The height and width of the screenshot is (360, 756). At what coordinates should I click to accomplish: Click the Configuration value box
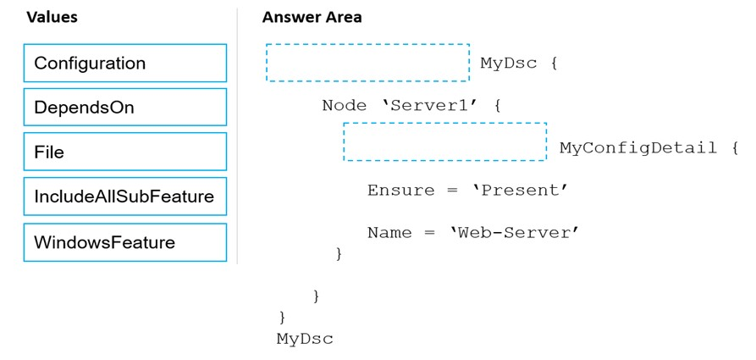coord(125,64)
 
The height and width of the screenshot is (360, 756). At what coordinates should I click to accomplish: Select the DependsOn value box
coord(125,107)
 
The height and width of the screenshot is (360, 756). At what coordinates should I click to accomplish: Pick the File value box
coord(125,152)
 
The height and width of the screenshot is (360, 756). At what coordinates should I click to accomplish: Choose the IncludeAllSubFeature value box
coord(125,197)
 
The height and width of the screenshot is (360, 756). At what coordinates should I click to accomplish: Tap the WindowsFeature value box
coord(125,242)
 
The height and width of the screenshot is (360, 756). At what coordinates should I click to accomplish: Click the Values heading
coord(52,18)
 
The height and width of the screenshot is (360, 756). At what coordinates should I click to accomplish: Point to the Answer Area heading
coord(312,18)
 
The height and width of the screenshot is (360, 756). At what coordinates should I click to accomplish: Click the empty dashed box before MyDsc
coord(367,63)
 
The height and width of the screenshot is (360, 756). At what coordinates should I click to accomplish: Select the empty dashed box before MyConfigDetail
coord(445,141)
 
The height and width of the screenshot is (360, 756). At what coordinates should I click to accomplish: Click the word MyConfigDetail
coord(637,148)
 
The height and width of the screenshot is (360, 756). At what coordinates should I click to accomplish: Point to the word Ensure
coord(400,190)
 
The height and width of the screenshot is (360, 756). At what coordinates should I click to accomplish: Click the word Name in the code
coord(389,233)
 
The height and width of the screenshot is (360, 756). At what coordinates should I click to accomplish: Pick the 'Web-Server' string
coord(515,233)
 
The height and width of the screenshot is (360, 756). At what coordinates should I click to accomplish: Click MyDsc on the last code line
coord(305,339)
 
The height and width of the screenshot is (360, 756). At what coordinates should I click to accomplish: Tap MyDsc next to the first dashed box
coord(509,64)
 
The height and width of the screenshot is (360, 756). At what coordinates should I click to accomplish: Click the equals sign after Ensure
coord(452,191)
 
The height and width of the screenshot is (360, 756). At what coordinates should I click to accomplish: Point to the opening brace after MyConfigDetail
coord(734,148)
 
